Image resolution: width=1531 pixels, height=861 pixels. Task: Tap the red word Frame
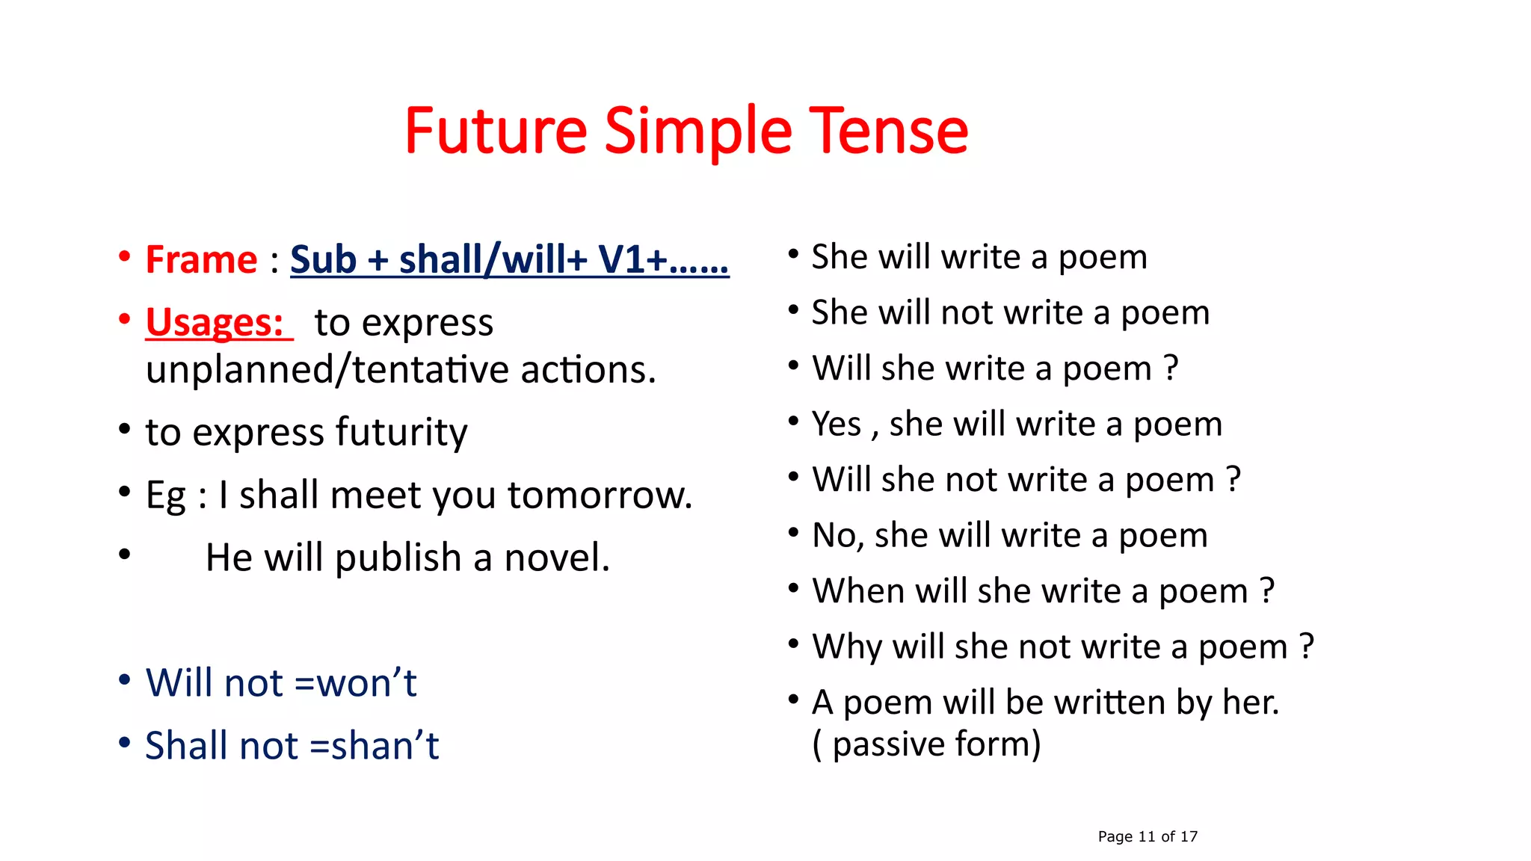(201, 260)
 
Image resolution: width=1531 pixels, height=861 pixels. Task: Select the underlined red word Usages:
(215, 323)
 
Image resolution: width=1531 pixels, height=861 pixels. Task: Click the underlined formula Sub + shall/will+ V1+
(508, 260)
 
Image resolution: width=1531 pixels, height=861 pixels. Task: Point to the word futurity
(401, 433)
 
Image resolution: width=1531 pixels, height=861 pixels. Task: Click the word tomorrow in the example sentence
(600, 495)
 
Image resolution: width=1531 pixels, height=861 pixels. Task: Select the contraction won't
(366, 683)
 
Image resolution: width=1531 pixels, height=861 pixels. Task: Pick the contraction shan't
(384, 746)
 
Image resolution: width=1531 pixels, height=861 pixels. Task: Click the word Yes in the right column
(837, 425)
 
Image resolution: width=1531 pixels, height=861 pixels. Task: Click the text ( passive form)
(926, 744)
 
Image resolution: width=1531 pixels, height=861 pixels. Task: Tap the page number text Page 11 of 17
(1147, 836)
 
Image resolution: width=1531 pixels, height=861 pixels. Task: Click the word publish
(398, 558)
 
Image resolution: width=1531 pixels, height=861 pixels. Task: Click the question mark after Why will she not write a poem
(1306, 646)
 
